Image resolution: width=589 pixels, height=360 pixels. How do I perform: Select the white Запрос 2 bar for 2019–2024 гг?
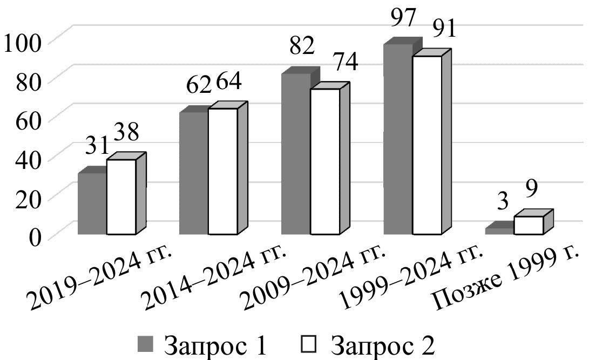point(121,197)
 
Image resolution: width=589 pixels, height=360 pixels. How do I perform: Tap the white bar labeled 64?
point(222,172)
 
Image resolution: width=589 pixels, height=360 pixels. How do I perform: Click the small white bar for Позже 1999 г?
point(529,226)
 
